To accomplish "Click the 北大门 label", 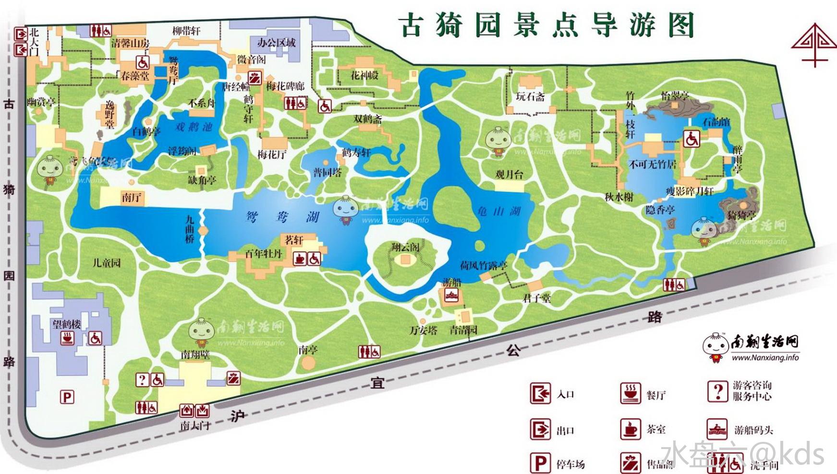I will pyautogui.click(x=34, y=41).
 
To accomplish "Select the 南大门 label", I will pyautogui.click(x=195, y=426).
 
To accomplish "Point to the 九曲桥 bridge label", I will pyautogui.click(x=190, y=229).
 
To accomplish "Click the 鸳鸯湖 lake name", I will pyautogui.click(x=282, y=217).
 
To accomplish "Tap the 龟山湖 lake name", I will pyautogui.click(x=499, y=211).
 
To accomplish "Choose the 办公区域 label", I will pyautogui.click(x=276, y=43).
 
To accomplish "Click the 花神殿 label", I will pyautogui.click(x=364, y=75).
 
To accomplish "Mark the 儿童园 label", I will pyautogui.click(x=107, y=262).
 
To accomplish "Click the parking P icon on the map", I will pyautogui.click(x=67, y=397).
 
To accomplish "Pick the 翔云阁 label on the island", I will pyautogui.click(x=405, y=247).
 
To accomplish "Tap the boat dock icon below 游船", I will pyautogui.click(x=451, y=295).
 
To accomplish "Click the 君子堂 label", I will pyautogui.click(x=536, y=298).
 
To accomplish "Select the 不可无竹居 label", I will pyautogui.click(x=653, y=165).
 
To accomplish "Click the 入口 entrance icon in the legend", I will pyautogui.click(x=540, y=393).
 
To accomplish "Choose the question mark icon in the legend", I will pyautogui.click(x=717, y=391).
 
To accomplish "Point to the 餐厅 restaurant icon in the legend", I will pyautogui.click(x=631, y=393).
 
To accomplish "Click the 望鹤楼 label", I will pyautogui.click(x=67, y=324).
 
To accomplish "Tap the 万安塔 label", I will pyautogui.click(x=423, y=330).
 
